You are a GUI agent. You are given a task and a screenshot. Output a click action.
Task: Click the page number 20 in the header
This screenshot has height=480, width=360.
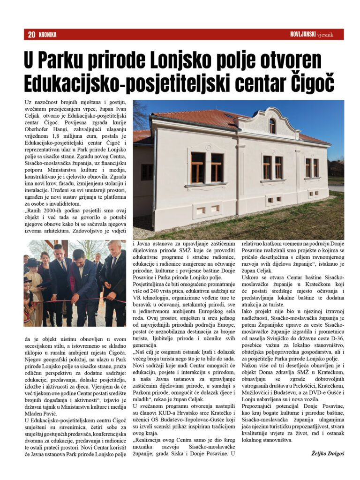[x=32, y=34]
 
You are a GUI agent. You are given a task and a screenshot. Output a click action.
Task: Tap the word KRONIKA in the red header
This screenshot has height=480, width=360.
[x=48, y=34]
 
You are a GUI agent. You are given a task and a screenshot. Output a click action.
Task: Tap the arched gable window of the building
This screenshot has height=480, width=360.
[x=272, y=126]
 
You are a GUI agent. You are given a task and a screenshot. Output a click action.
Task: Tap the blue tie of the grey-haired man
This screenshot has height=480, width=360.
[x=114, y=270]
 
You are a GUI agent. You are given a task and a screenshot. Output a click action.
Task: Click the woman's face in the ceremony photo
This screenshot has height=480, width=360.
[x=45, y=256]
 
